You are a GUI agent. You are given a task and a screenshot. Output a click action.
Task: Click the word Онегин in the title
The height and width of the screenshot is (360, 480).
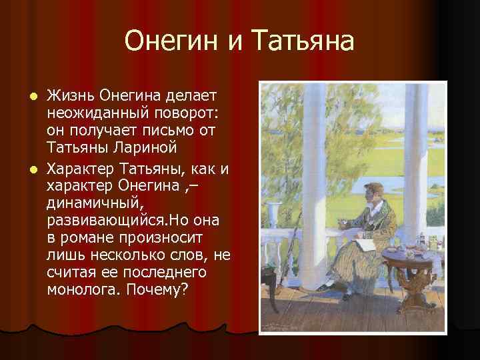point(171,42)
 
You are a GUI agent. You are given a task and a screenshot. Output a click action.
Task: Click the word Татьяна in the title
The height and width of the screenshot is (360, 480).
point(304,42)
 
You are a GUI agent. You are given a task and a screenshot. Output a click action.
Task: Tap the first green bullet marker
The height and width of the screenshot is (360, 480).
point(38,97)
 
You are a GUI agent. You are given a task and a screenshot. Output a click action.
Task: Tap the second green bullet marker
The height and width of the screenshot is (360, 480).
point(38,169)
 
